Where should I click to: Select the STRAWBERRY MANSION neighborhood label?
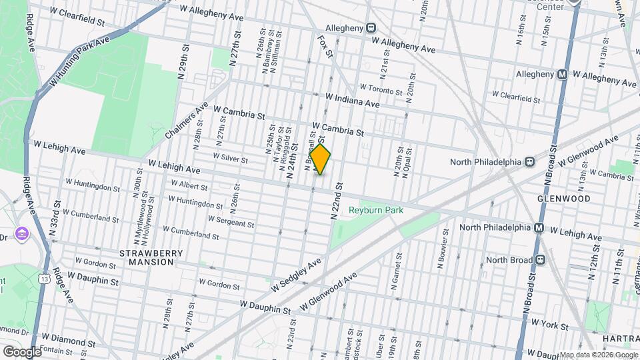[147, 257]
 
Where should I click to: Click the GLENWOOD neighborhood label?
[564, 199]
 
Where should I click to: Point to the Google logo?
[22, 351]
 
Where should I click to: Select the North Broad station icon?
[541, 260]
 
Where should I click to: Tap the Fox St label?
[325, 46]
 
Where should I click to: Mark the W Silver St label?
[230, 159]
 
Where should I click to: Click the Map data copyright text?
[598, 355]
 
